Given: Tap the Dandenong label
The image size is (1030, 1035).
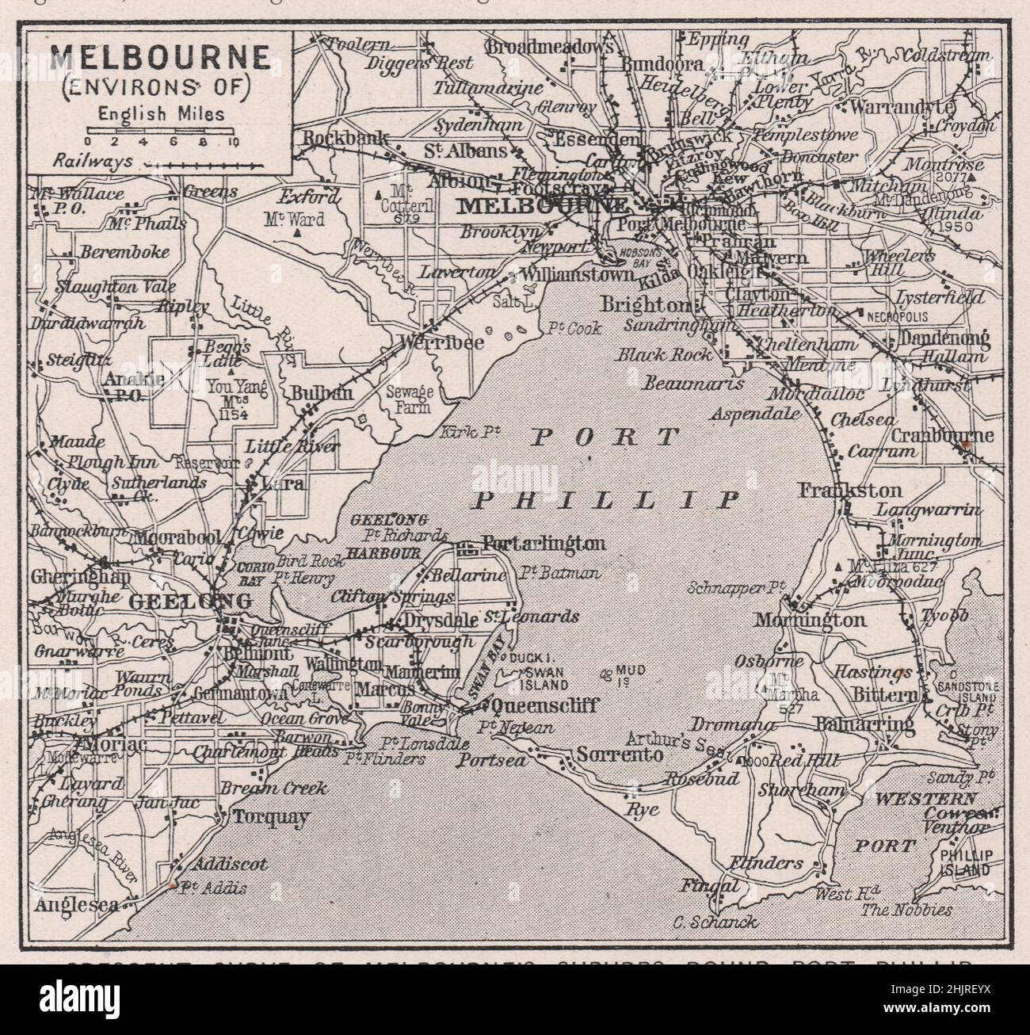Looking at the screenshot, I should pos(944,339).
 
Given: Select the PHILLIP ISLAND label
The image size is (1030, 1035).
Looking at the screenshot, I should pos(963,862).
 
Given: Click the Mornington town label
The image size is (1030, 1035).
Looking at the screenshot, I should pos(810,621).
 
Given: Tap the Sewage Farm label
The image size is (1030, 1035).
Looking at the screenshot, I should pos(408,398).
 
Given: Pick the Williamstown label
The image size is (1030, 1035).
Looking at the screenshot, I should pos(578,275).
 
